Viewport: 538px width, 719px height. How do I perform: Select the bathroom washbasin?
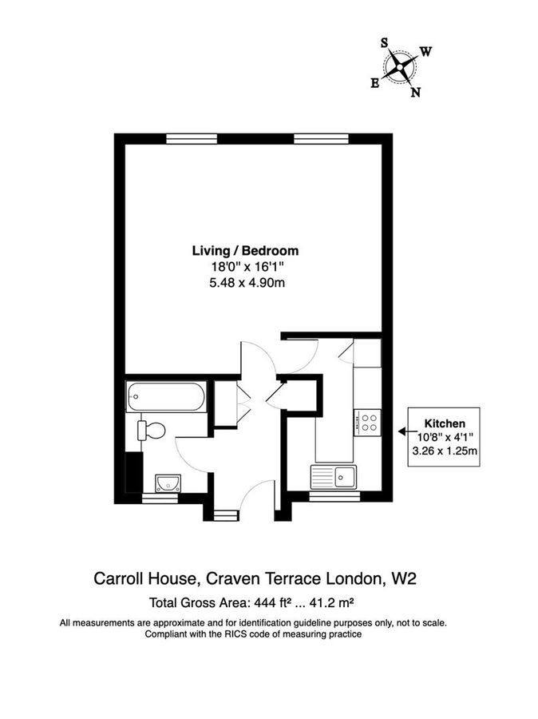(x=168, y=482)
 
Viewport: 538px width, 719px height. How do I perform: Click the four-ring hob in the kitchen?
(x=367, y=421)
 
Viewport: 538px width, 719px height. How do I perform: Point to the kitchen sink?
(x=336, y=476)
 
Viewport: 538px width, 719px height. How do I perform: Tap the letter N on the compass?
(x=415, y=92)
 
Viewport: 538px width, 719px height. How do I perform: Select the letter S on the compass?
(x=385, y=43)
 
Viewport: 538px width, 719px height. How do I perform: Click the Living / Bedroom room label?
(x=245, y=250)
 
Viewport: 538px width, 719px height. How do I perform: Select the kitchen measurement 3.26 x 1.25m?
(x=445, y=451)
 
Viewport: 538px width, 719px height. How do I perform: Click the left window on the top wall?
(x=192, y=138)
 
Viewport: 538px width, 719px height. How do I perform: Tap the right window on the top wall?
(x=321, y=138)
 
